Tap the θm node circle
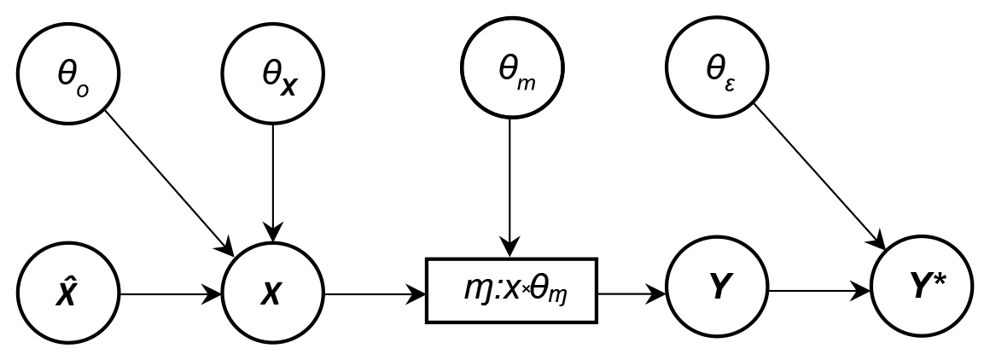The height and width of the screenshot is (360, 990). pyautogui.click(x=510, y=72)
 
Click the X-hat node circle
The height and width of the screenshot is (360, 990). pyautogui.click(x=69, y=294)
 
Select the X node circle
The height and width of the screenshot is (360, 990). pyautogui.click(x=273, y=294)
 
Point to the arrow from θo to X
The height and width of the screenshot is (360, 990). pyautogui.click(x=171, y=183)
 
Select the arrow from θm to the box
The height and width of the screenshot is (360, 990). pyautogui.click(x=510, y=188)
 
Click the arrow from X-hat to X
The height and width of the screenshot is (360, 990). pyautogui.click(x=171, y=295)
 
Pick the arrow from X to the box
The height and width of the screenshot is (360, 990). pyautogui.click(x=376, y=295)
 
